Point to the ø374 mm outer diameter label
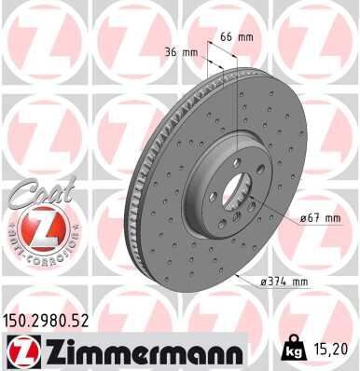[284, 281]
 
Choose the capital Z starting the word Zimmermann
[48, 350]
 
